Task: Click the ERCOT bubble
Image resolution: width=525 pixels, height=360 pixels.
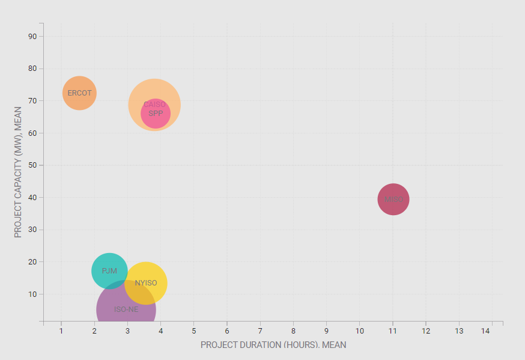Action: tap(79, 93)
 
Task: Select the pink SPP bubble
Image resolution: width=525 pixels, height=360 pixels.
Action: tap(156, 114)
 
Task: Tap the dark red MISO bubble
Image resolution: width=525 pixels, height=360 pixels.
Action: tap(393, 200)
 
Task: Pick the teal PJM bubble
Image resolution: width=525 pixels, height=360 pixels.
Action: tap(109, 271)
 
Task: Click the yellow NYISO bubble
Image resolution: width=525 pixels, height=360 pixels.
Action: tap(146, 283)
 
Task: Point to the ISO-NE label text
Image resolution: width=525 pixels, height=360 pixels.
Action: tap(126, 310)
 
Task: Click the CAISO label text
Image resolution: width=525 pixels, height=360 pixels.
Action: tap(154, 105)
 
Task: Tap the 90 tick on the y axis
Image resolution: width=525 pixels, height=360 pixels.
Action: tap(32, 36)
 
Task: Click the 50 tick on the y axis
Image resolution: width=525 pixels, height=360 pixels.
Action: tap(32, 165)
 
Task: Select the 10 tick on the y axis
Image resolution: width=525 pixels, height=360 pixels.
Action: tap(32, 294)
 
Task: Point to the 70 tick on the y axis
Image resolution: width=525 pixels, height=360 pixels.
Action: tap(32, 100)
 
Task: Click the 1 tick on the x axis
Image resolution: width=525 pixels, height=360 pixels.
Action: tap(61, 331)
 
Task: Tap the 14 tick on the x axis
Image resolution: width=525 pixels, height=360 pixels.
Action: tap(491, 331)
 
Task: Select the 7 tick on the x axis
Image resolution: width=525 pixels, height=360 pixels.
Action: tap(260, 331)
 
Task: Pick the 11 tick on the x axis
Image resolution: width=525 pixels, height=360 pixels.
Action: tap(392, 331)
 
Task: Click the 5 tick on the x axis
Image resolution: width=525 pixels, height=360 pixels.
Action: tap(194, 331)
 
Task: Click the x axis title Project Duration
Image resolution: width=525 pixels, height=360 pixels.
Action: tap(273, 345)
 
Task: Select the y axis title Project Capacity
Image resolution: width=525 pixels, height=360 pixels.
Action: tap(18, 172)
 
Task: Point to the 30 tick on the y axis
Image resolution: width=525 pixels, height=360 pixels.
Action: tap(32, 230)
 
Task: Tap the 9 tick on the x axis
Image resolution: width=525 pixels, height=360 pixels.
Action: tap(326, 331)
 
